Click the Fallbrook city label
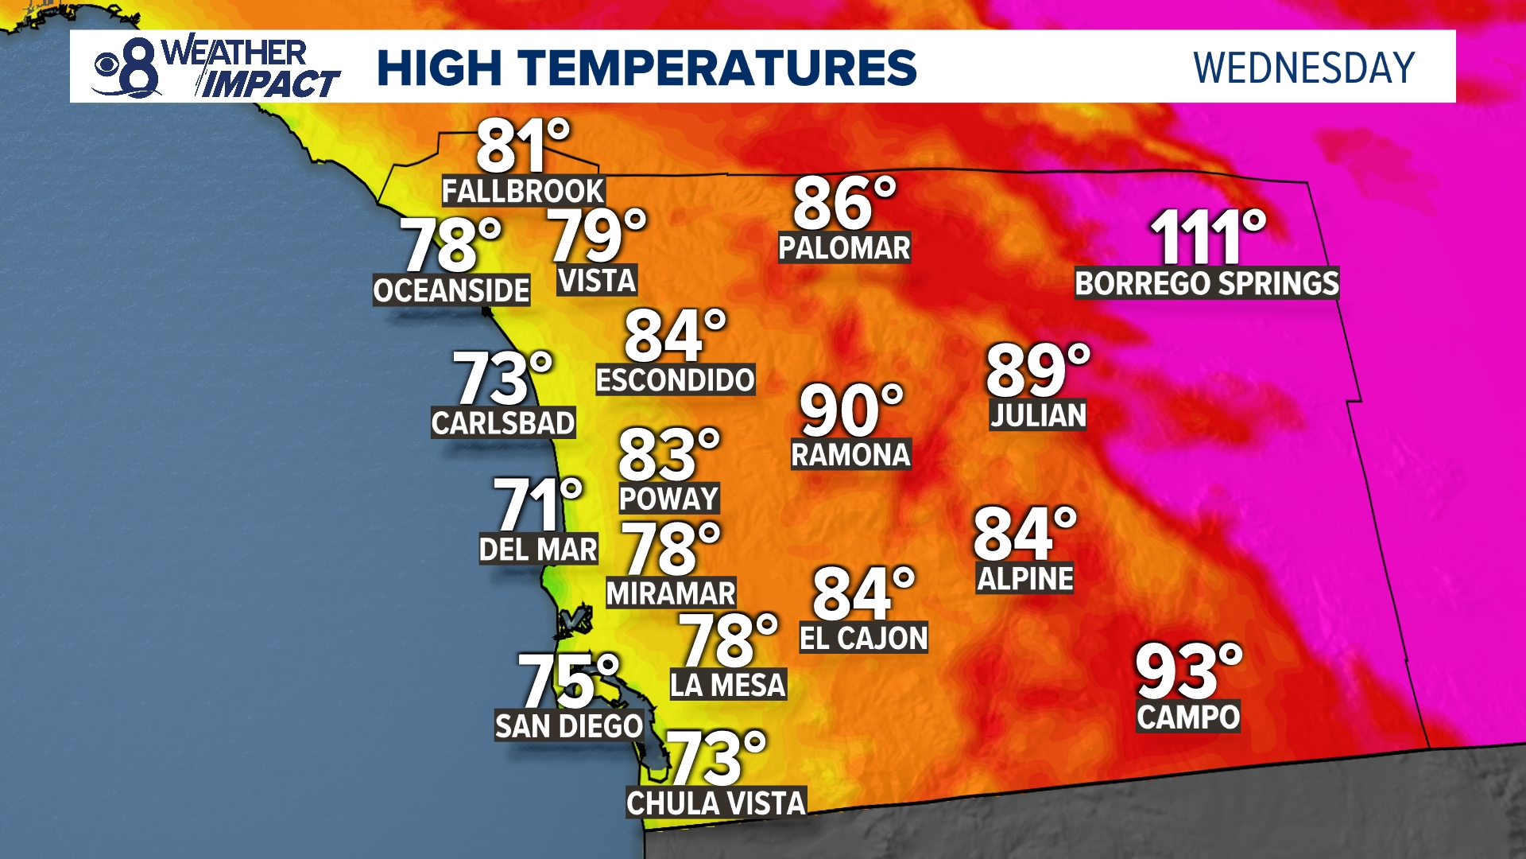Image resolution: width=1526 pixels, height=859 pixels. (x=523, y=192)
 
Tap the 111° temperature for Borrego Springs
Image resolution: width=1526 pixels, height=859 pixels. (x=1207, y=237)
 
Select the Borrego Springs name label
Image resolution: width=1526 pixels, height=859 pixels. (x=1206, y=284)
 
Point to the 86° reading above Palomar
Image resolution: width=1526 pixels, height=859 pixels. (x=843, y=204)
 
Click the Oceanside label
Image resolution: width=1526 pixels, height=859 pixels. (x=451, y=291)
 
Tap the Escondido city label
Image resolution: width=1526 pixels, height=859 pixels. (x=675, y=380)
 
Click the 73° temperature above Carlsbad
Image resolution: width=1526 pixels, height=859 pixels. (x=502, y=379)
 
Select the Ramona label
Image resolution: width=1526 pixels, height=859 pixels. (x=850, y=455)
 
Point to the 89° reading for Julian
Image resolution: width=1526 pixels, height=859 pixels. (x=1037, y=370)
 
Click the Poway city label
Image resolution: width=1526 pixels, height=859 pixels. (x=668, y=499)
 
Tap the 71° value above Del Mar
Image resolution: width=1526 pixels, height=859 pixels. (x=537, y=504)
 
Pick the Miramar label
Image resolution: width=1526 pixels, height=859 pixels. (x=671, y=593)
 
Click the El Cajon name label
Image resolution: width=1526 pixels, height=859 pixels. (x=863, y=638)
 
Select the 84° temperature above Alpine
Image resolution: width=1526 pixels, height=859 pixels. (x=1024, y=534)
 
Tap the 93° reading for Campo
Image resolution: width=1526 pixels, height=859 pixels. (x=1187, y=672)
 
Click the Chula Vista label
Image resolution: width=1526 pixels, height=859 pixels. (x=716, y=803)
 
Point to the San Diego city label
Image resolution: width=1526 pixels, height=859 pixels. (x=568, y=726)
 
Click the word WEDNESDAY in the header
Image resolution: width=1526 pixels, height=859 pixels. (x=1303, y=68)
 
